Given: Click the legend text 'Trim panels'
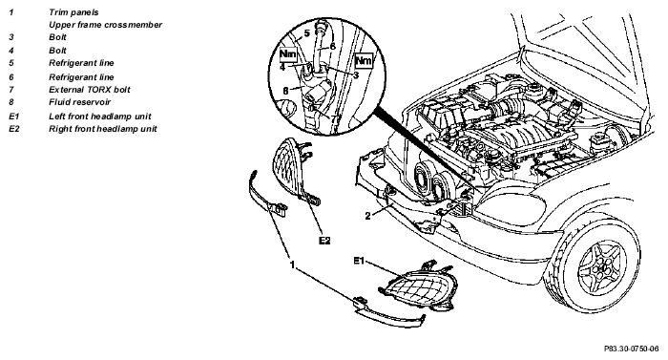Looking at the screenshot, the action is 73,12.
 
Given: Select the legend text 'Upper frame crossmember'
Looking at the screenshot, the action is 105,25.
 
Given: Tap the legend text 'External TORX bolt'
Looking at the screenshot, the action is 90,90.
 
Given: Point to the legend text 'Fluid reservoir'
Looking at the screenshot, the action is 79,102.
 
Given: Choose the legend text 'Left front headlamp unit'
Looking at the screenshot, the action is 99,116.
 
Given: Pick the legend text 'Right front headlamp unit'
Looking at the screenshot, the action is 103,128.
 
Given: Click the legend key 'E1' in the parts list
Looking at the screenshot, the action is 13,116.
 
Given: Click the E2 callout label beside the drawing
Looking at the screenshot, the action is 324,241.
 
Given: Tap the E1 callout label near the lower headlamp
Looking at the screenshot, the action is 359,260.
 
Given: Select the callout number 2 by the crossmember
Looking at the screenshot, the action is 368,216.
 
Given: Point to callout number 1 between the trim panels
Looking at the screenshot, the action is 292,265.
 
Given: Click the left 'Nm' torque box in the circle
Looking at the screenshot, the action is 287,54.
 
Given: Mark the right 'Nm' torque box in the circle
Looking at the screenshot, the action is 364,60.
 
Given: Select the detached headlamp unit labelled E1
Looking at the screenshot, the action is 414,286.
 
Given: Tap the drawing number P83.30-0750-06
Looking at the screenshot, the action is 631,349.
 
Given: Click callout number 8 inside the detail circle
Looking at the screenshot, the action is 286,91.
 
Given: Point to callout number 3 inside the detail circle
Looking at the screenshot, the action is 356,75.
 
